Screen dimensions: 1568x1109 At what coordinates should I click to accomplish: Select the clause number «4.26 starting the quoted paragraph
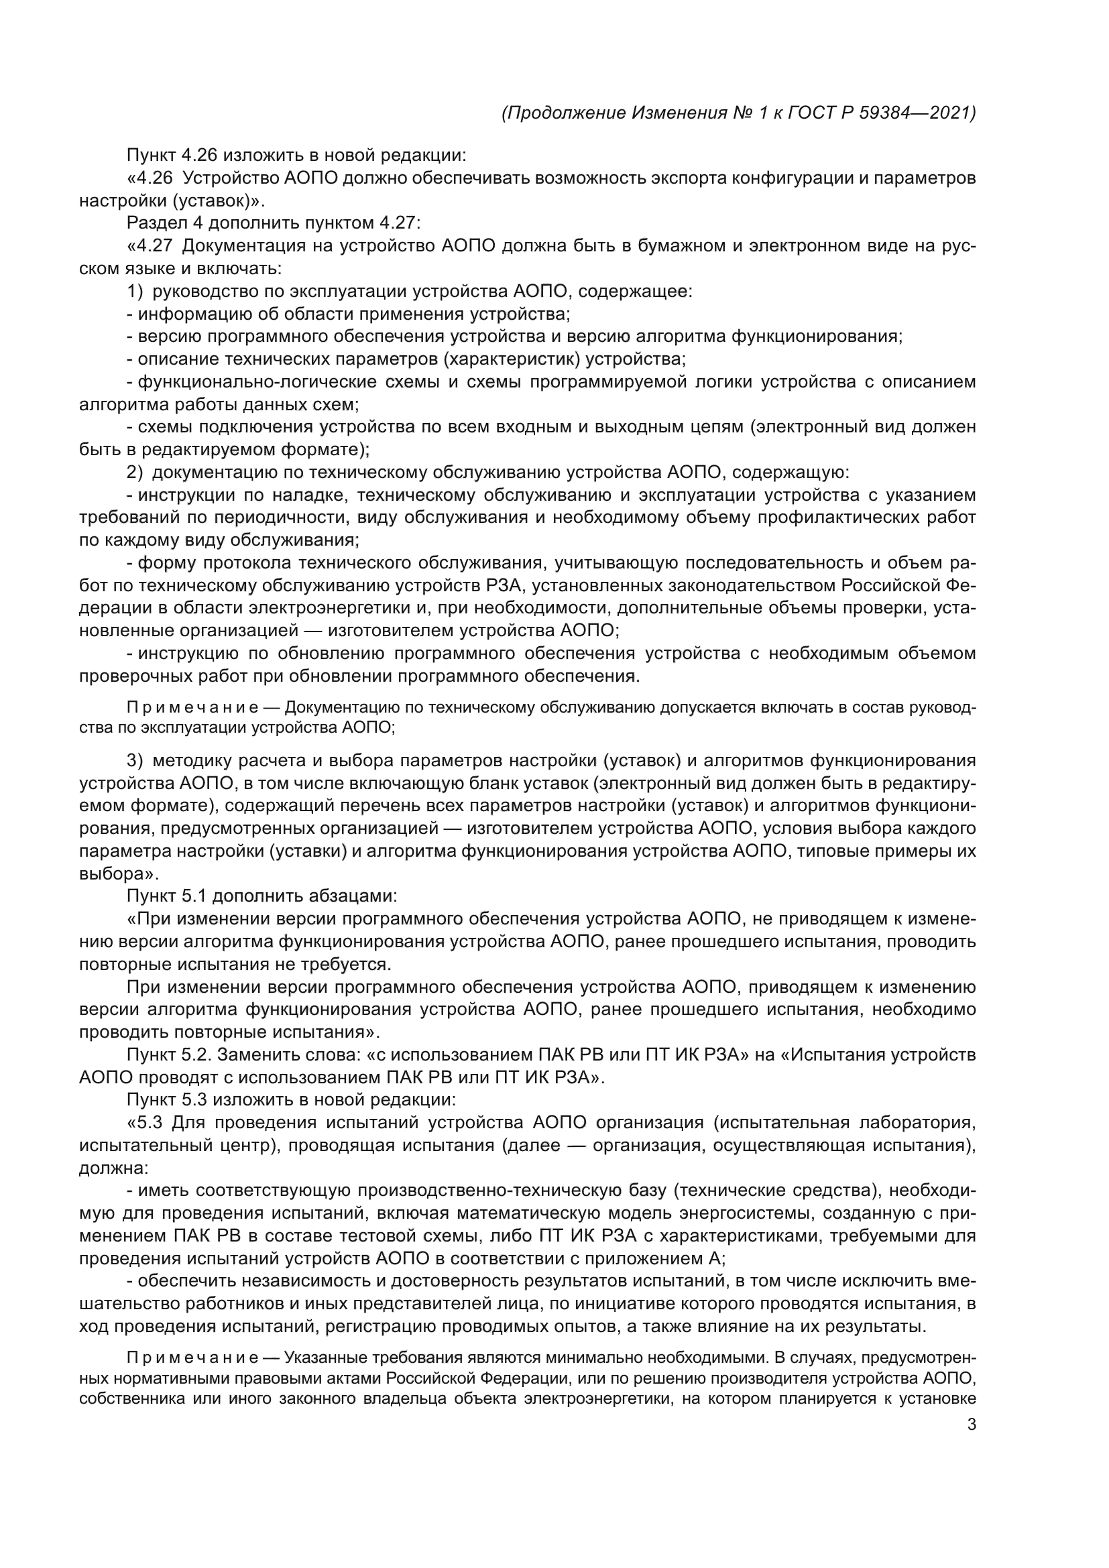[152, 178]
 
